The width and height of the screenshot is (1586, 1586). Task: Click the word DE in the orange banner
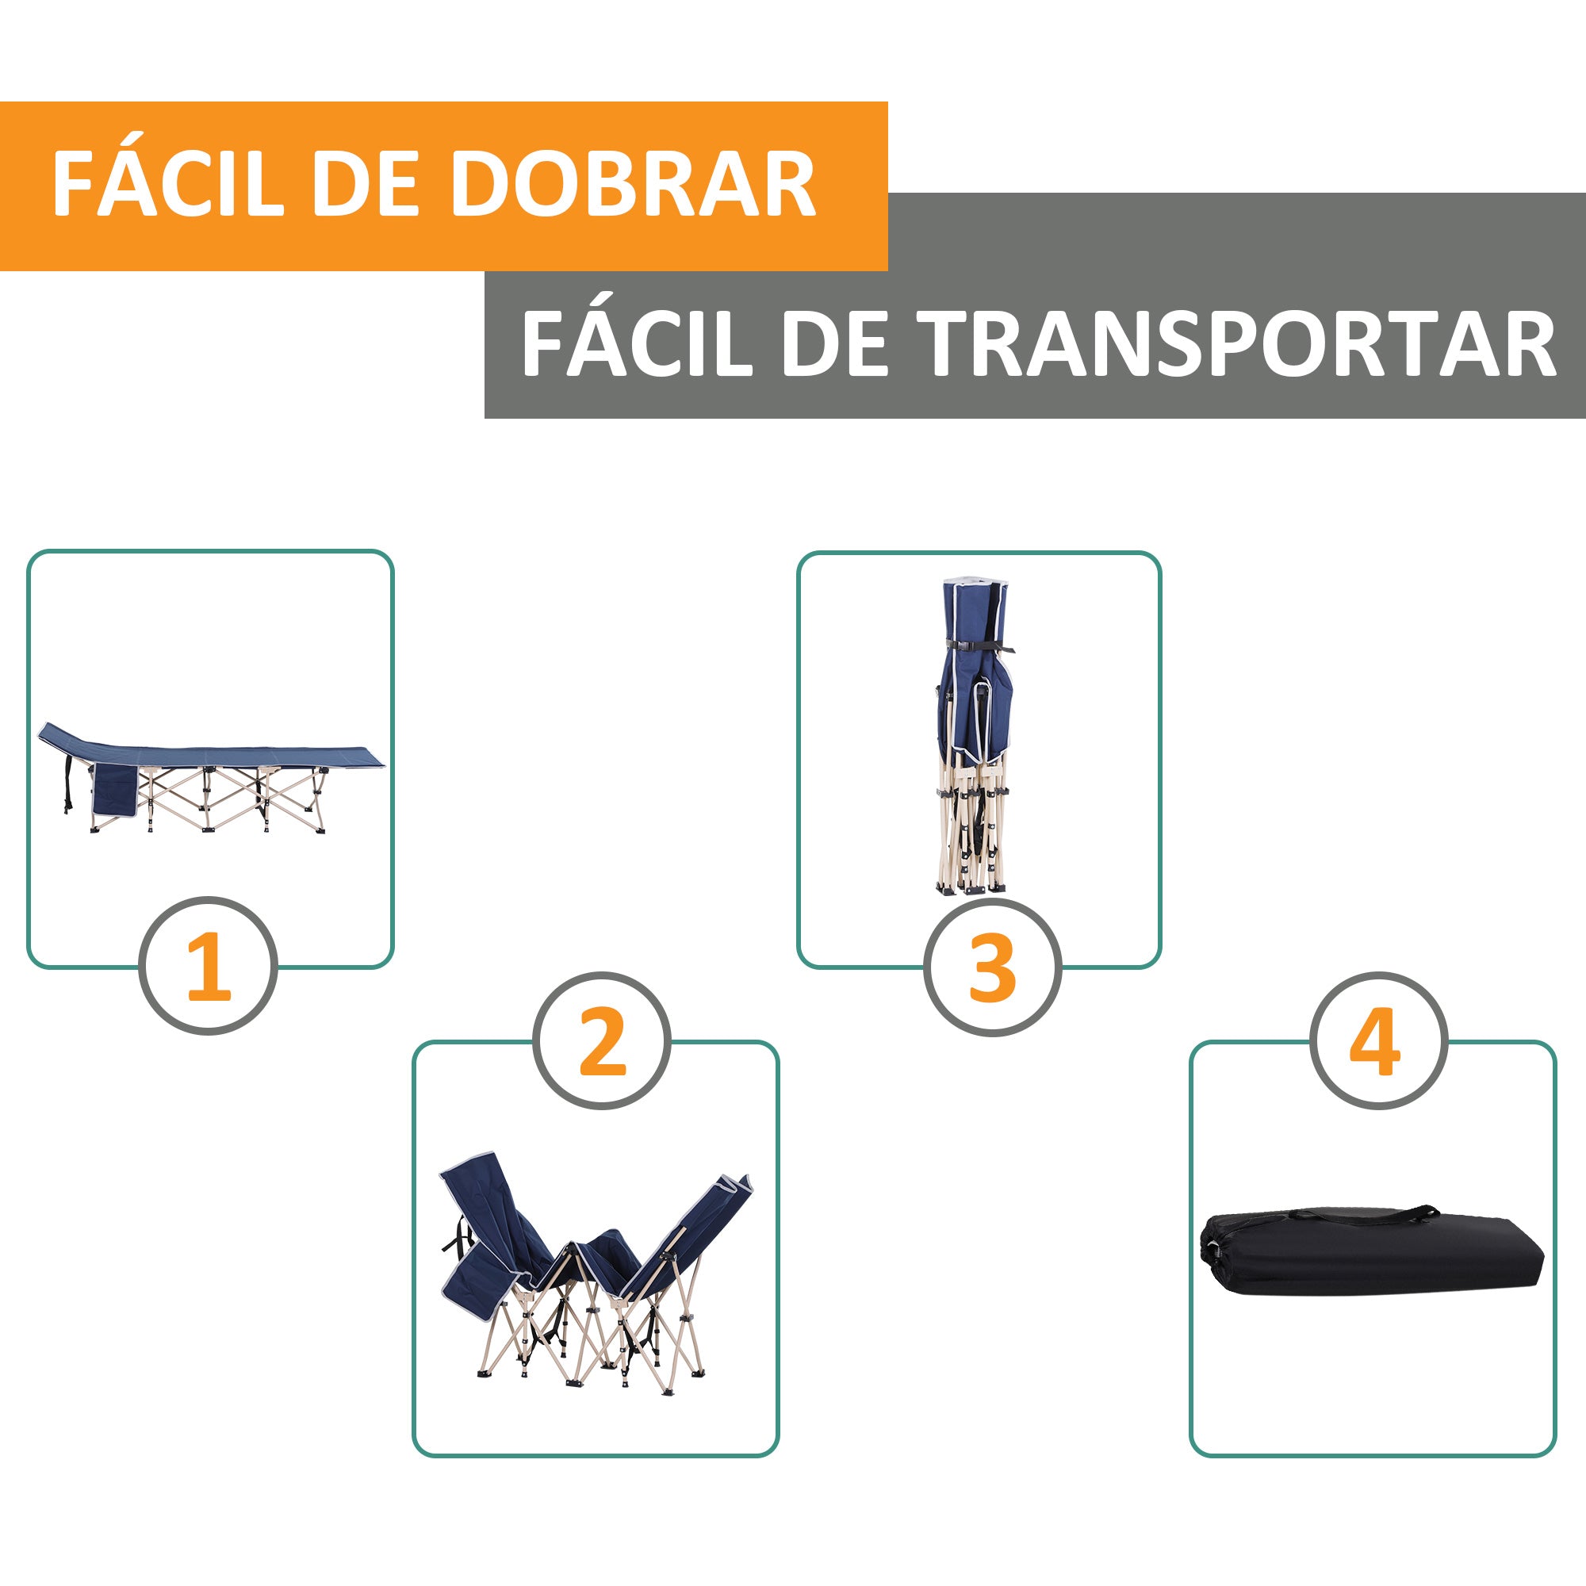pyautogui.click(x=366, y=183)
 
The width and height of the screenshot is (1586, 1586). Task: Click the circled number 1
pyautogui.click(x=208, y=965)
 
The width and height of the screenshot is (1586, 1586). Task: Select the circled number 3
pyautogui.click(x=993, y=965)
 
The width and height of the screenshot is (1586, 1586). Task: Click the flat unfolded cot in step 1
pyautogui.click(x=212, y=777)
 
